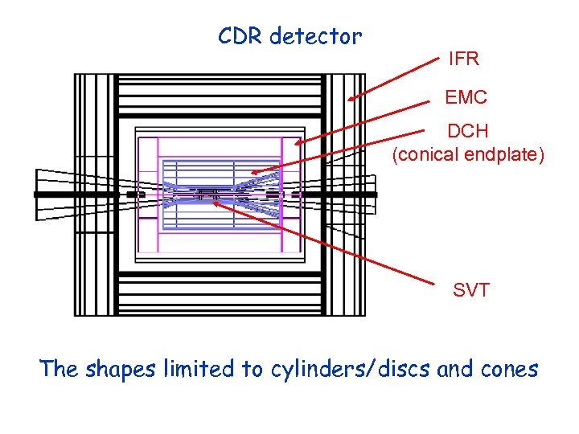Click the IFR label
[464, 58]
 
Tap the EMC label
[466, 98]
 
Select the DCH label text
[468, 131]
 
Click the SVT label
[470, 290]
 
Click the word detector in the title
[316, 36]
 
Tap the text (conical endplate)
[468, 154]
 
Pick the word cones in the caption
[510, 369]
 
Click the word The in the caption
[58, 369]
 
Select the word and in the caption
[454, 369]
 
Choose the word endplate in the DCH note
[507, 154]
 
